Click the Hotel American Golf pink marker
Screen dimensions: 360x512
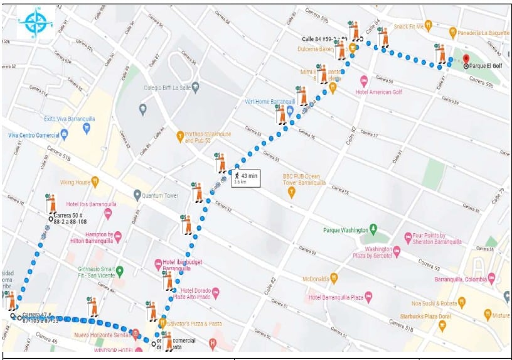point(363,81)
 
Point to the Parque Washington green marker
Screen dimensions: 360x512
point(373,228)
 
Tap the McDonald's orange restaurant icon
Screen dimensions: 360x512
point(334,277)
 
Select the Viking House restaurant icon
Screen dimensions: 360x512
point(95,183)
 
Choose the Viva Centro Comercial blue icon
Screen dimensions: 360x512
point(64,135)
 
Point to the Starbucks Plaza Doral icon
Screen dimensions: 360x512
point(442,325)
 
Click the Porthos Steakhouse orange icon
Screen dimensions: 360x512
point(180,135)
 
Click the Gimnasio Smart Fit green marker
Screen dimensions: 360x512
point(120,271)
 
